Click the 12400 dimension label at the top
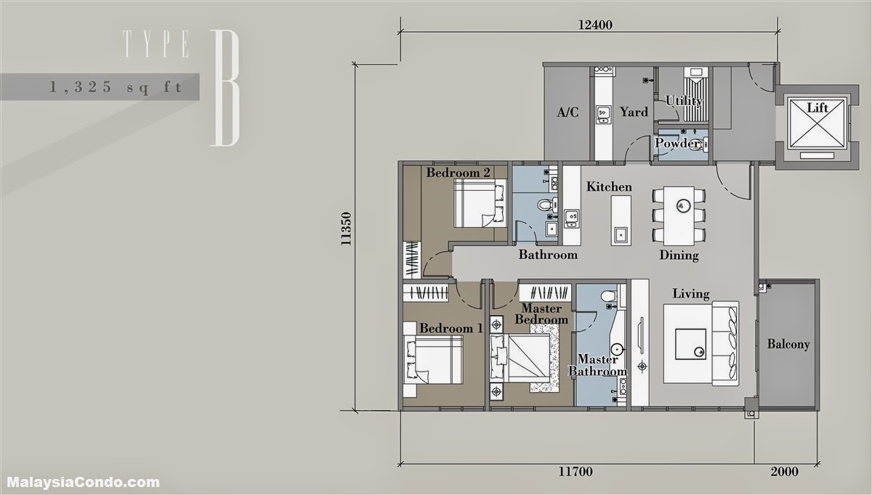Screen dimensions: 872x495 tap(595, 25)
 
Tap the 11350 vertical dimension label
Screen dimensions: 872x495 tap(346, 229)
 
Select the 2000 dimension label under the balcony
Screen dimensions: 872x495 tap(784, 472)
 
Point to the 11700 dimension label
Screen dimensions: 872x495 tap(576, 472)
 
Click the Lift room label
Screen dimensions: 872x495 tap(817, 107)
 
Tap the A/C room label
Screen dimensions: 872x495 tap(568, 112)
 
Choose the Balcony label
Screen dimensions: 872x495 tap(788, 344)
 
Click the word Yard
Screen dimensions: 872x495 tap(634, 112)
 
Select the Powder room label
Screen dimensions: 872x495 tap(677, 143)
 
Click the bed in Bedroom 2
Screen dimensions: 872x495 tap(480, 203)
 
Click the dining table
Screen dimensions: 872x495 tap(679, 216)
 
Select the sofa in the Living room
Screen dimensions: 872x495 tap(725, 343)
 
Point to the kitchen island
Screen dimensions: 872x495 tap(621, 220)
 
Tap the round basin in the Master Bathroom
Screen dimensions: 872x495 tap(617, 348)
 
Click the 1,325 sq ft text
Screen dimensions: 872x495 tap(116, 87)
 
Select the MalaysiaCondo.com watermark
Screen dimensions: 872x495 tap(84, 483)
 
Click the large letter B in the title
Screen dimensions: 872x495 tap(225, 88)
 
